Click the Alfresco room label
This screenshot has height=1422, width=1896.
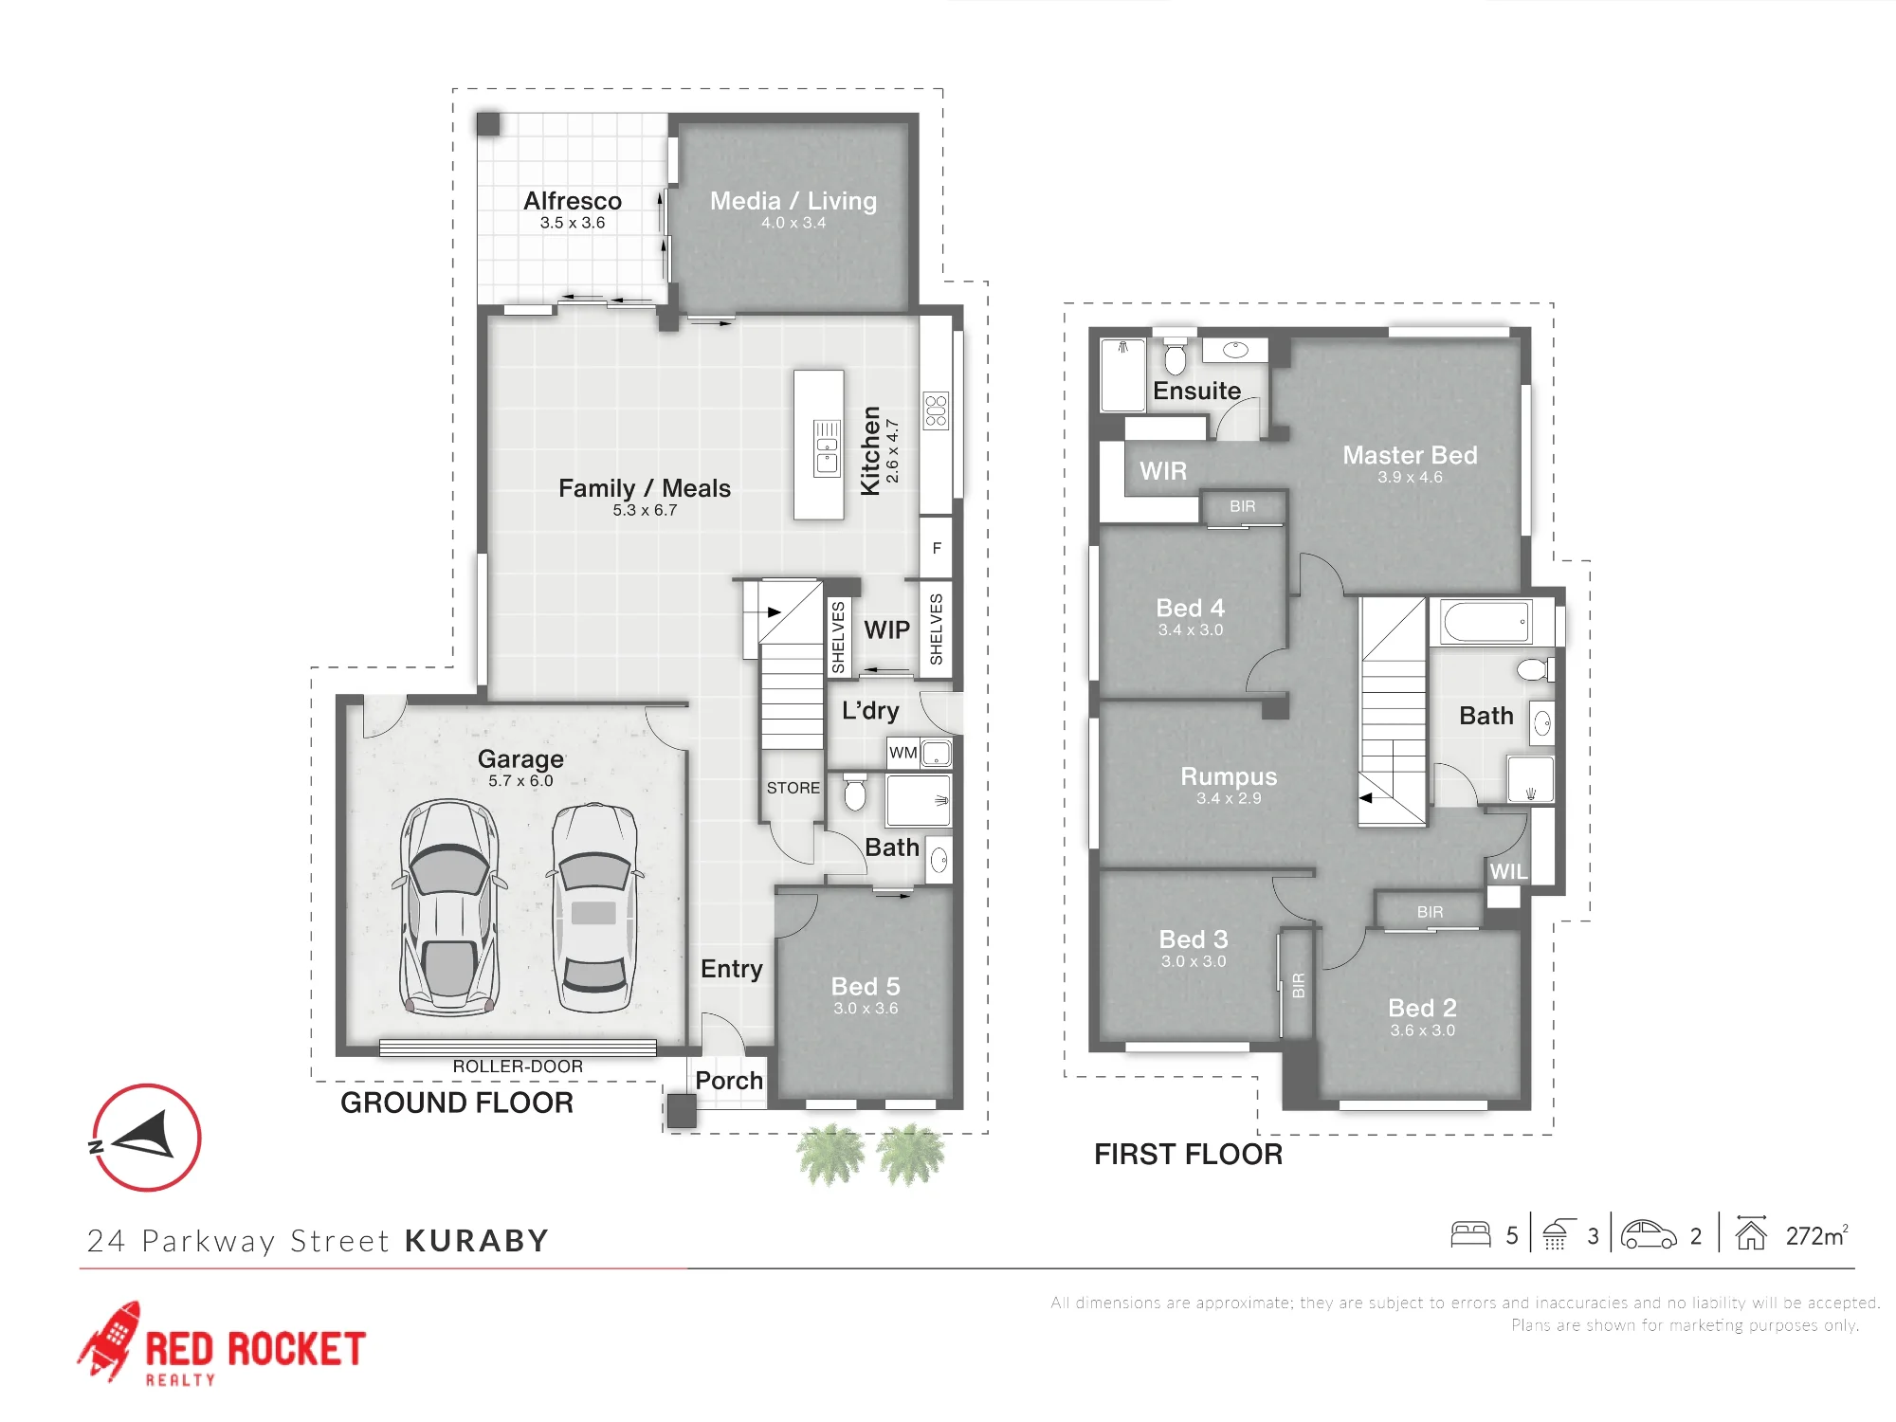pyautogui.click(x=573, y=201)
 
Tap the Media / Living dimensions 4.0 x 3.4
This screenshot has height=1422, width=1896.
pyautogui.click(x=793, y=223)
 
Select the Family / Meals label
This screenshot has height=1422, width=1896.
pyautogui.click(x=645, y=488)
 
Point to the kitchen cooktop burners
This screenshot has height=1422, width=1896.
pyautogui.click(x=936, y=410)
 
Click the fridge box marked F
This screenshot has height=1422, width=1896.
pyautogui.click(x=937, y=548)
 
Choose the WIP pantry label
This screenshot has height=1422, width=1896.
pyautogui.click(x=886, y=630)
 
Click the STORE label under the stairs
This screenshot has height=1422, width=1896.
pyautogui.click(x=793, y=788)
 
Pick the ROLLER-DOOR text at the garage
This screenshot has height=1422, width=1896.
pyautogui.click(x=518, y=1066)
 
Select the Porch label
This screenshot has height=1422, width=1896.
pyautogui.click(x=729, y=1081)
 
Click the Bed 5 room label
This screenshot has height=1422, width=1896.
pyautogui.click(x=866, y=987)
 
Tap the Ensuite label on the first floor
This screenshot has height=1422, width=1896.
pyautogui.click(x=1196, y=391)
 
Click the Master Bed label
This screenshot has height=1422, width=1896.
pyautogui.click(x=1410, y=455)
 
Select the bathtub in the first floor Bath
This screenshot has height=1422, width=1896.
pyautogui.click(x=1486, y=622)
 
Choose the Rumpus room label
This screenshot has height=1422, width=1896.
pyautogui.click(x=1229, y=777)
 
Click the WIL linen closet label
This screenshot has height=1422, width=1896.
pyautogui.click(x=1508, y=872)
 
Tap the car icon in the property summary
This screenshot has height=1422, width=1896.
pyautogui.click(x=1649, y=1234)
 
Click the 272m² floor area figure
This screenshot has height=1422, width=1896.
pyautogui.click(x=1817, y=1235)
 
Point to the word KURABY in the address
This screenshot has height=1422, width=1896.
pyautogui.click(x=477, y=1241)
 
